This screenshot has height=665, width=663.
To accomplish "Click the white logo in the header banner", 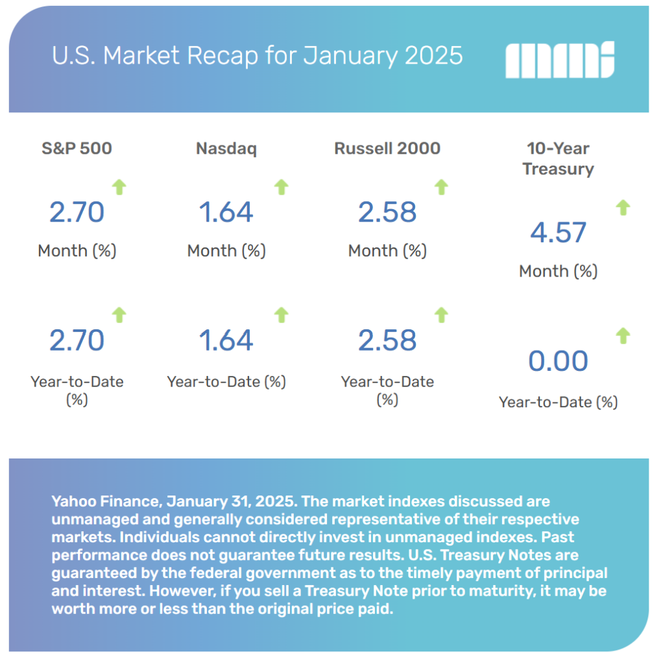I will [559, 60].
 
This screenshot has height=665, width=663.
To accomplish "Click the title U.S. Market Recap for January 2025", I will [258, 56].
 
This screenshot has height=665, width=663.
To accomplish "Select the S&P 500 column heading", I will [77, 148].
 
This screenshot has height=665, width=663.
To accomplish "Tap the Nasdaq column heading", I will [226, 148].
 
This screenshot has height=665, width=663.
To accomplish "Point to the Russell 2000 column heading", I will [387, 148].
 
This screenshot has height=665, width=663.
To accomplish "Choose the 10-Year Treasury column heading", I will [558, 158].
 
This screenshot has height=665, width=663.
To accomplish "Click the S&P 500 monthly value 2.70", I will [77, 212].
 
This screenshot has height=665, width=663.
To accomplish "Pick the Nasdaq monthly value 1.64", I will [226, 212].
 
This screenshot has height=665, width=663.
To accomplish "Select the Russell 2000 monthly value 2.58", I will [387, 212].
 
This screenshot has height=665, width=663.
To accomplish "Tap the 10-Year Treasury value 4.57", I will [558, 232].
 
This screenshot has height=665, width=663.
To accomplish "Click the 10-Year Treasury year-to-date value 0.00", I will [558, 361].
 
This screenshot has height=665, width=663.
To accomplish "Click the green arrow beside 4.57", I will [623, 208].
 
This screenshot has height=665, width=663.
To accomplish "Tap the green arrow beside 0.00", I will [623, 336].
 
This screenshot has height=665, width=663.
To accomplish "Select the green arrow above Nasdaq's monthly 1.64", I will [281, 188].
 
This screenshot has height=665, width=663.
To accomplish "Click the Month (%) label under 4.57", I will [558, 271].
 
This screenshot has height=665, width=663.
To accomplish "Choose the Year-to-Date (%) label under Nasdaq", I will [226, 381].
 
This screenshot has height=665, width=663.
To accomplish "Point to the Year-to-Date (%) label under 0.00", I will [558, 402].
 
